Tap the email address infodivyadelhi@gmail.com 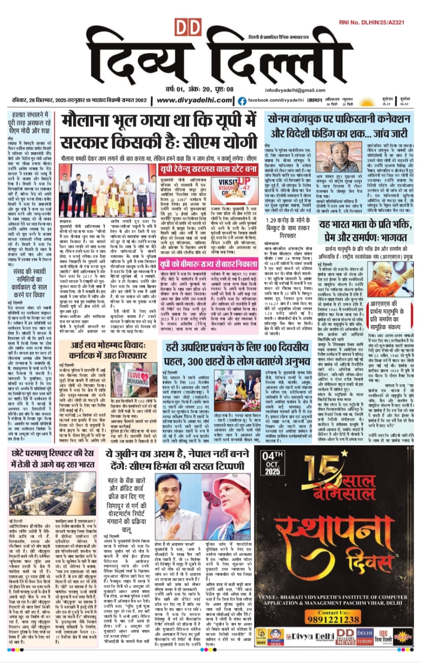click(295, 90)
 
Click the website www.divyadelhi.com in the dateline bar click(194, 100)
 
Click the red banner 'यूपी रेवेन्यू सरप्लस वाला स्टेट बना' click(209, 169)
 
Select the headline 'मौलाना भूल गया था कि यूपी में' click(159, 121)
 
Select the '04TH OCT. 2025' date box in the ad click(272, 463)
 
